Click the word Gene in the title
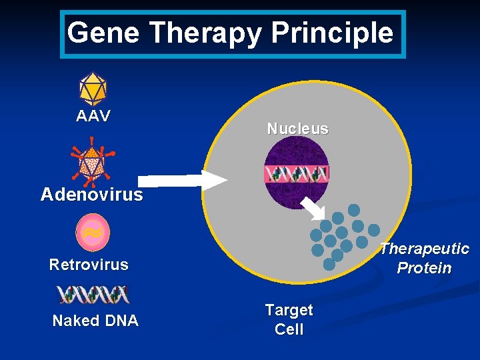(x=104, y=33)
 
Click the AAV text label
(x=93, y=116)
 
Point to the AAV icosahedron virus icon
(x=93, y=88)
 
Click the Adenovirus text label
(x=91, y=194)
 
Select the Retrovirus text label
(x=89, y=265)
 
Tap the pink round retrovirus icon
(x=93, y=231)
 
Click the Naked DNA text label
(x=95, y=321)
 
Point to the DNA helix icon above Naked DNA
(x=93, y=294)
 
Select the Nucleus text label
(x=297, y=129)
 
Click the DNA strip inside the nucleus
(x=297, y=175)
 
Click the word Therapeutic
(x=425, y=249)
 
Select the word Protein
(x=424, y=268)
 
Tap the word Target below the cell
(x=289, y=310)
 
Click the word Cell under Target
(x=289, y=329)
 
